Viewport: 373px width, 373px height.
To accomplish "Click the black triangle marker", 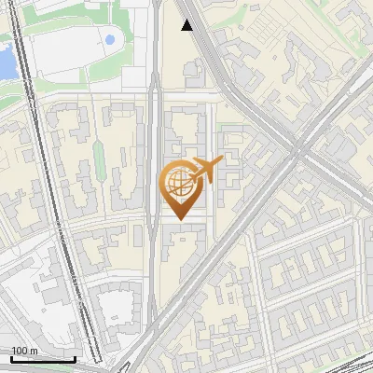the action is coord(188,25).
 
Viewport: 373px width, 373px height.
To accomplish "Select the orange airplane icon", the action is coord(207,170).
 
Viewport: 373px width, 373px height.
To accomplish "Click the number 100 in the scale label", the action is coord(20,351).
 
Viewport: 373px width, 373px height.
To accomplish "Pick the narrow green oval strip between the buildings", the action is coord(96,163).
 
